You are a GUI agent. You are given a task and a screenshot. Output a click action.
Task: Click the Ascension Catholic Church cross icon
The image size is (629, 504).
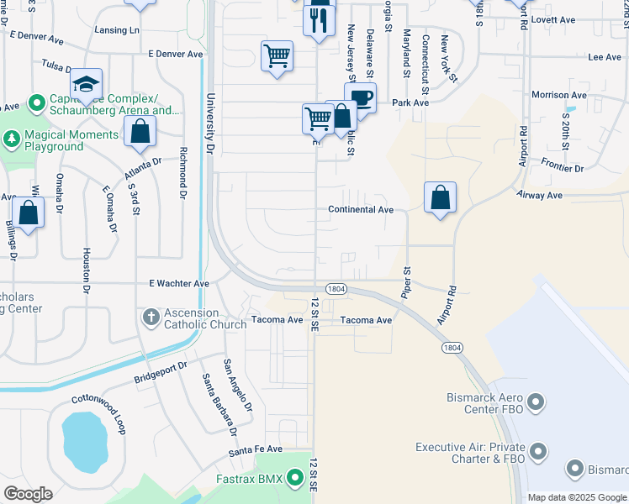click(151, 317)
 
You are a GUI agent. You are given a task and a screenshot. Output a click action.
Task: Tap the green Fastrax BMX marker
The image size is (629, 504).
click(294, 479)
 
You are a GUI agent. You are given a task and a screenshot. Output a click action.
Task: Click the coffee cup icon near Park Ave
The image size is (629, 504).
click(360, 97)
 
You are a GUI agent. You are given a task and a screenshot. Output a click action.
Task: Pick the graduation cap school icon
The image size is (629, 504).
click(86, 83)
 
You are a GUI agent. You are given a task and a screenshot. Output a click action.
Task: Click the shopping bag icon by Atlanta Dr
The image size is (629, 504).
click(140, 131)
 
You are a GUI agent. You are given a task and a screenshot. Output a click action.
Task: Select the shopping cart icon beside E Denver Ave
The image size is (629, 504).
click(277, 56)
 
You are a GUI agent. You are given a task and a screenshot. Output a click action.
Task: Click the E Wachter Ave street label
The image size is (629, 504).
click(178, 284)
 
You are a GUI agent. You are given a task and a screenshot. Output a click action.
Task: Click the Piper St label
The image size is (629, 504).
click(407, 282)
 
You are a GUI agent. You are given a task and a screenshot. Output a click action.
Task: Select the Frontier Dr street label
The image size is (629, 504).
click(563, 167)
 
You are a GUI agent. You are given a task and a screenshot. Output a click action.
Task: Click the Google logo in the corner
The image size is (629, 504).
click(28, 494)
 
